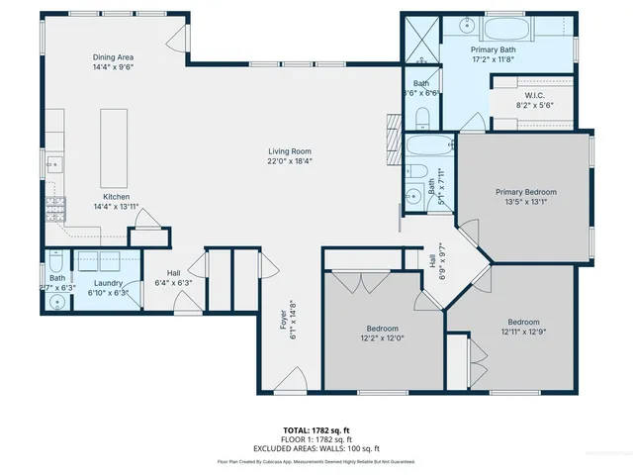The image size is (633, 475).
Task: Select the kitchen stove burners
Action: point(56,209)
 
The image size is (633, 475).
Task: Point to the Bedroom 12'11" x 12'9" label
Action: point(523,328)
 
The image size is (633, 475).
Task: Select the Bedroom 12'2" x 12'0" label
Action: point(383,333)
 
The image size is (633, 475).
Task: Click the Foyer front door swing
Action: point(290,381)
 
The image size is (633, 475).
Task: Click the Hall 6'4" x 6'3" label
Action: point(173,278)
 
